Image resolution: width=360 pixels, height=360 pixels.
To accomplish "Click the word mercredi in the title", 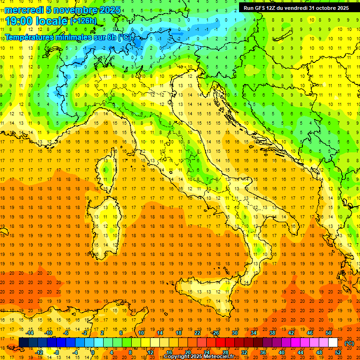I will (24, 10).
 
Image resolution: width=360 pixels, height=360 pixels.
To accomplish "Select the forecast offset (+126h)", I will (83, 21).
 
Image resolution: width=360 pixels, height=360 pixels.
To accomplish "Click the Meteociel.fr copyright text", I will (199, 357).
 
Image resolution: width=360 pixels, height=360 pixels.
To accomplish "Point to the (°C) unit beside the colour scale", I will (349, 343).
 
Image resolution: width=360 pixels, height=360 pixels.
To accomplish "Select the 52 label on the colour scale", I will (338, 352).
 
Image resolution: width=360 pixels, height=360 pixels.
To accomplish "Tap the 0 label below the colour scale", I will (93, 352).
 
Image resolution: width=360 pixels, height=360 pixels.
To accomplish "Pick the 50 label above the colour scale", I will (329, 333).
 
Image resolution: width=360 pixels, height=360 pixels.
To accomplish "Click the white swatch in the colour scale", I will (333, 343).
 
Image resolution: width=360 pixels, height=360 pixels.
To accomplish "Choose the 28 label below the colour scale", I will (225, 352).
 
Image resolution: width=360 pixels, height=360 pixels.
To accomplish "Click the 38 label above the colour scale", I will (272, 333).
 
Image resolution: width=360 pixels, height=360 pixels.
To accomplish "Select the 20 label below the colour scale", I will (187, 352).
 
